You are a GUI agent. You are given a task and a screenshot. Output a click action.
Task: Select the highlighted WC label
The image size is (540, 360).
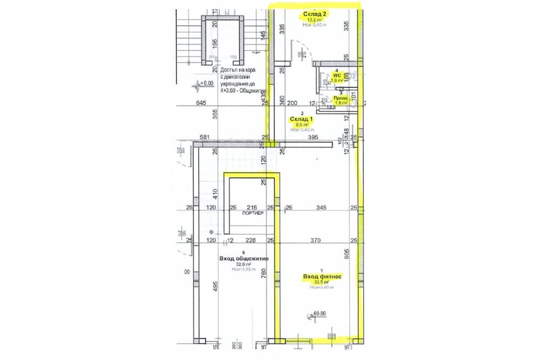(336, 76)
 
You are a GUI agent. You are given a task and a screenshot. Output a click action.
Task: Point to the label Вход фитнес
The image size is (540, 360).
(322, 277)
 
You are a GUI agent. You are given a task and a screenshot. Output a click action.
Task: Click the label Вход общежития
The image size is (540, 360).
(244, 259)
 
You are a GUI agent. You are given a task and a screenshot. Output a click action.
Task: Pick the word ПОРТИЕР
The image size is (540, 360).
(252, 213)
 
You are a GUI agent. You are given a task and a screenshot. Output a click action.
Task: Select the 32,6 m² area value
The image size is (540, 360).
(242, 264)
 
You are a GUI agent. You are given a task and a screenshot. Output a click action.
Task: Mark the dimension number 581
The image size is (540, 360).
(205, 138)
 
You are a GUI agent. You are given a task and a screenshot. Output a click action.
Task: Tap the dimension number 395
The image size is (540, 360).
(313, 139)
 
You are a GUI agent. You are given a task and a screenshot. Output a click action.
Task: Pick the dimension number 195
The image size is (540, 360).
(214, 44)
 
